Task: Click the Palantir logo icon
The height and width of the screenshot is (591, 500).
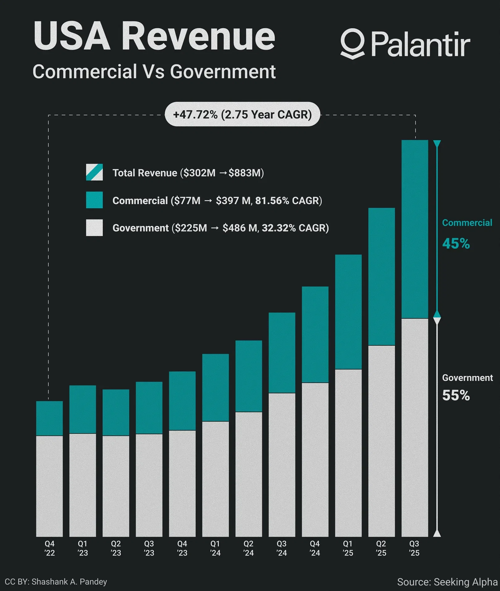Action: (x=353, y=44)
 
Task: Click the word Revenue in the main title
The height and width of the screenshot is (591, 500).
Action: (x=198, y=36)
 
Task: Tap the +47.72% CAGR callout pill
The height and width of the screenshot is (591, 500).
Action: (x=242, y=114)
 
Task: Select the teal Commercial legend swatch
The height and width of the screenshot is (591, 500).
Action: (x=94, y=200)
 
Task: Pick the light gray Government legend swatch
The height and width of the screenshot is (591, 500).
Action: (x=94, y=228)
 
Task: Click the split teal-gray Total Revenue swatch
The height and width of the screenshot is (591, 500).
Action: (x=94, y=172)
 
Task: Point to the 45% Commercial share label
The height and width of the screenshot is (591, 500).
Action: (x=456, y=243)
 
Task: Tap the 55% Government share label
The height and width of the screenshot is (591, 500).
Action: (x=456, y=395)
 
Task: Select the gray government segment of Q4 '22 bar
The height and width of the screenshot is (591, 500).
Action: (x=49, y=486)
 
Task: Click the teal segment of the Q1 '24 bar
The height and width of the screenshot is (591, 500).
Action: (x=215, y=387)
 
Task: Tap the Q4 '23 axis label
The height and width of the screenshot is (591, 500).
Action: (x=182, y=548)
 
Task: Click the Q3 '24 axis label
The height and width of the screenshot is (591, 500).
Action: (x=281, y=548)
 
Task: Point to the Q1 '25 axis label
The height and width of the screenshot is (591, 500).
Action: (x=348, y=548)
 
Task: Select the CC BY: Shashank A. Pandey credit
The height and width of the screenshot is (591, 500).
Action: (x=56, y=582)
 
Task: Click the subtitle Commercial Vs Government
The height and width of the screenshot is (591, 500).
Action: (x=154, y=72)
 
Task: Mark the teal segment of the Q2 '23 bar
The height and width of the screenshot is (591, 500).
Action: (x=116, y=412)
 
